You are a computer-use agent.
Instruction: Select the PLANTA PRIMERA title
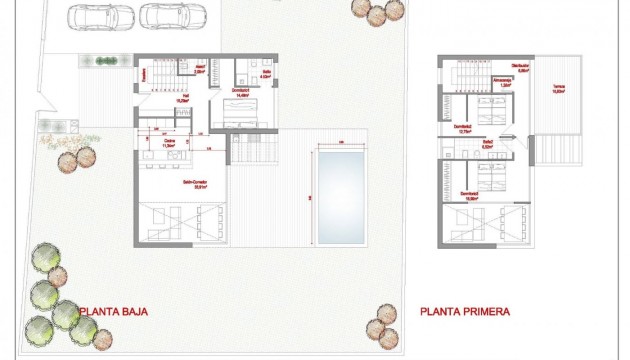(x=465, y=312)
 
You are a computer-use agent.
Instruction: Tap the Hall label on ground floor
(x=183, y=98)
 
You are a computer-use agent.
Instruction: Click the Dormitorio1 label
(x=240, y=91)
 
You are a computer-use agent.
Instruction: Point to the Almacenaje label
(x=503, y=81)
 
